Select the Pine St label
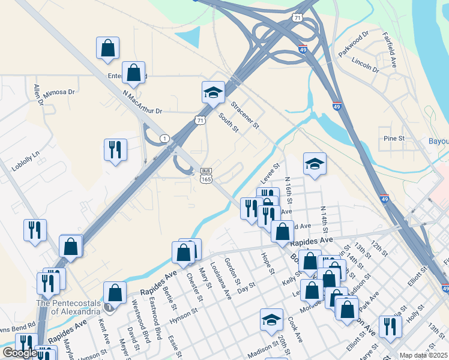(x=394, y=139)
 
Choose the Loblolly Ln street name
(x=26, y=157)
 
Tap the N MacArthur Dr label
(x=142, y=103)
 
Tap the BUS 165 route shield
(x=206, y=175)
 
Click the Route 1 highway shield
(x=164, y=139)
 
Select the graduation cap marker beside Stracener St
(x=212, y=92)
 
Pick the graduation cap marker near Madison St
(x=271, y=319)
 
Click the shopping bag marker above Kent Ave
(x=115, y=293)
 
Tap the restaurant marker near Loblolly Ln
(x=115, y=149)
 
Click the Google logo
(x=20, y=353)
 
